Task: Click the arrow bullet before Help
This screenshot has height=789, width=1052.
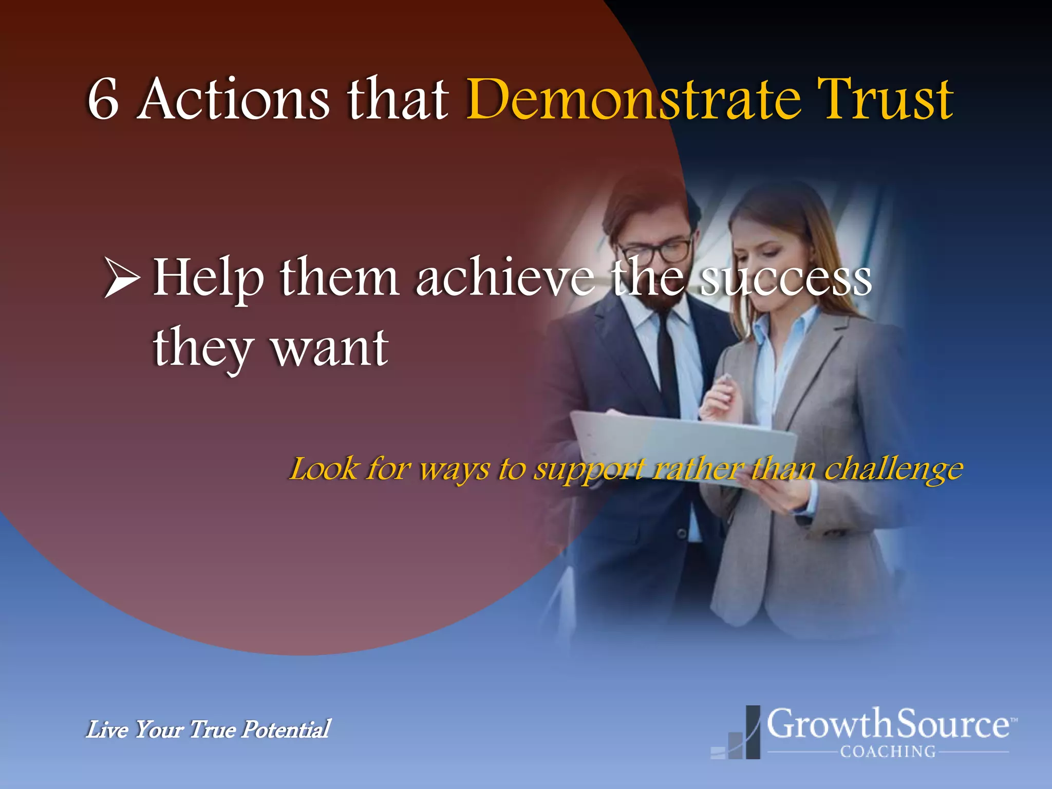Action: [122, 278]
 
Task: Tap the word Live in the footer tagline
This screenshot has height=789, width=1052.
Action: [107, 729]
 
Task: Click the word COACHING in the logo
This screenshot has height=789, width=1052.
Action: [888, 752]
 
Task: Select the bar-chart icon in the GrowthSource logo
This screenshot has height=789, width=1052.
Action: [738, 735]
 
